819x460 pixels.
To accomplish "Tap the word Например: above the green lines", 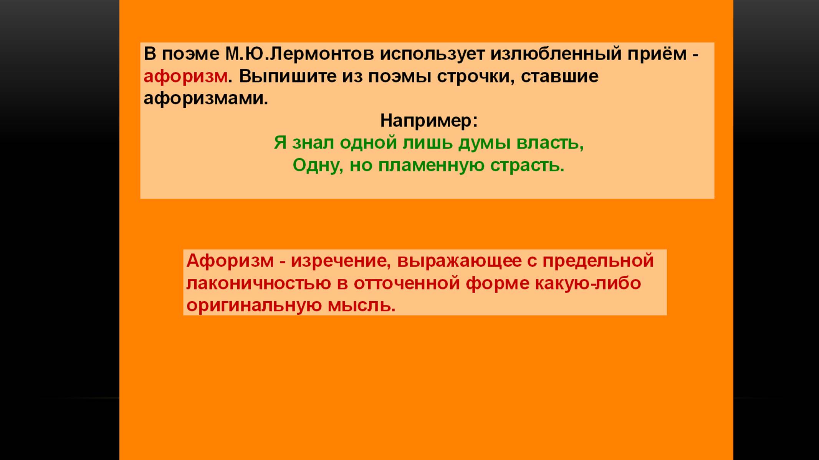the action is (429, 121).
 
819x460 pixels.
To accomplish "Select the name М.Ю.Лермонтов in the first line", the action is (299, 54).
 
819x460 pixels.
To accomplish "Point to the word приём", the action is (657, 54).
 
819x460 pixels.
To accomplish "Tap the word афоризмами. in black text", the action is (206, 99).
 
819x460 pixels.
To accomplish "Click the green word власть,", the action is (550, 143).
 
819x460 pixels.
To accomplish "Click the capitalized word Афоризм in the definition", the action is (230, 261).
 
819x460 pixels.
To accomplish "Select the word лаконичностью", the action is (258, 284).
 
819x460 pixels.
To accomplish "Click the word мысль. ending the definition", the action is (361, 306).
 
